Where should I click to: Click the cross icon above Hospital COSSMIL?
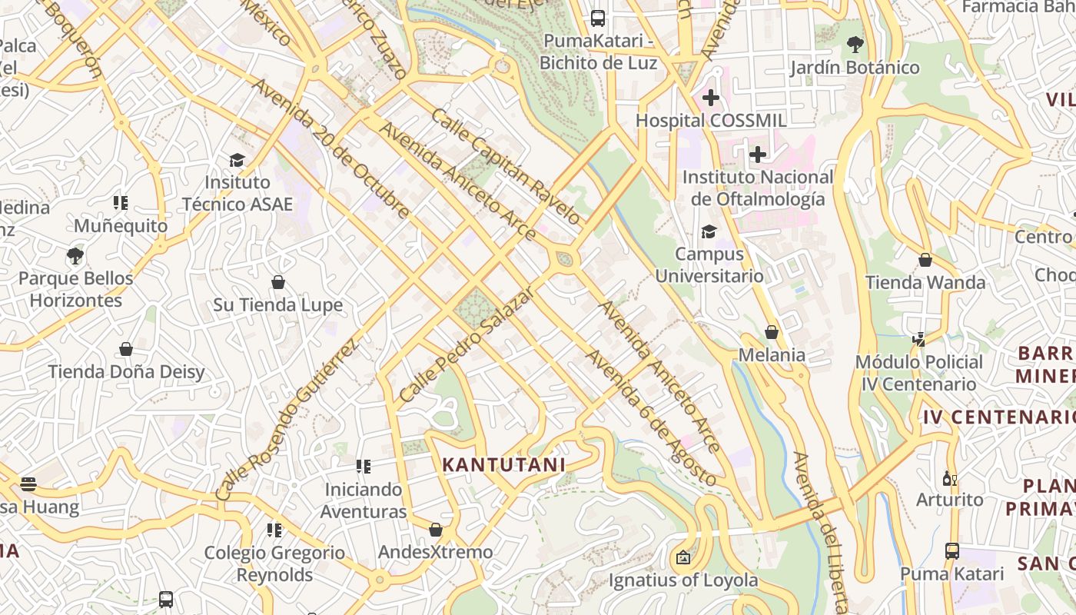tap(711, 98)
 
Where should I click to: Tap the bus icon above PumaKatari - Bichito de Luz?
tap(598, 18)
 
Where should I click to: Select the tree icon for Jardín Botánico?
tap(855, 45)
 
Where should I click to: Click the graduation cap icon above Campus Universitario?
tap(709, 231)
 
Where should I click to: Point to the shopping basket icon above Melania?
tap(772, 332)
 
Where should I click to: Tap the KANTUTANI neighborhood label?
tap(504, 464)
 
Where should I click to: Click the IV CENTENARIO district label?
tap(998, 417)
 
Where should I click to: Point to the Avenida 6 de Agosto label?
tap(651, 418)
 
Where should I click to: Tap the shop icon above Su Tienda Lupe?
tap(278, 282)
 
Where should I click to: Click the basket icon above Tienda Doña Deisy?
tap(126, 349)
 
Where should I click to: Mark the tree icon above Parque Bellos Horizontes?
tap(75, 255)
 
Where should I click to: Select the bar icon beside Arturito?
tap(950, 478)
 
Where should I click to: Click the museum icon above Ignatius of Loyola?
tap(683, 557)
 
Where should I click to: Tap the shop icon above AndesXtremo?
tap(436, 530)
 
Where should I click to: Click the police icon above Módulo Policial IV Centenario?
tap(918, 338)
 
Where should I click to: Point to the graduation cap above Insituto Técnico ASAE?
tap(237, 160)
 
